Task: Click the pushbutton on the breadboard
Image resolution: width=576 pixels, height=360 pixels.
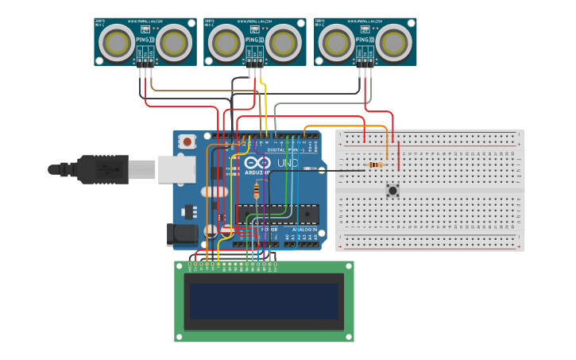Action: tap(392, 191)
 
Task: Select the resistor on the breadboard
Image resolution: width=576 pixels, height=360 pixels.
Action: tap(375, 165)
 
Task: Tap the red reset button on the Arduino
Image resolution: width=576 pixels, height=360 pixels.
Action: tap(187, 141)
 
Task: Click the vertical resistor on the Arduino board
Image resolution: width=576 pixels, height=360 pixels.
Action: tap(256, 191)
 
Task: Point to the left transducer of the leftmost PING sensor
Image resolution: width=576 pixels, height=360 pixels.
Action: tap(119, 42)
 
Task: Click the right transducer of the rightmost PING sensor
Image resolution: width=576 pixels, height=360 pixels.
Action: tap(392, 42)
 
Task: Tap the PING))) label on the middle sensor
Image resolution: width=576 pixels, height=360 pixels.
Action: tap(254, 38)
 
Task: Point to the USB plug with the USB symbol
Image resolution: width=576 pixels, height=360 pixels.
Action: tap(103, 169)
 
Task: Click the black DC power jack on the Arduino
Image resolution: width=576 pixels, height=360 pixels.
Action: tap(181, 234)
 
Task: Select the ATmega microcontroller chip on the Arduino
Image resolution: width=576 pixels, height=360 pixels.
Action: tap(277, 213)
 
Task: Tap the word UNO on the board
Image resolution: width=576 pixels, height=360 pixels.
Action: tap(287, 164)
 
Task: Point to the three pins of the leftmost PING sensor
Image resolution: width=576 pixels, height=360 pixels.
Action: tap(145, 63)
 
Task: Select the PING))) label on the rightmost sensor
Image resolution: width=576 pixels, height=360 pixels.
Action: tap(364, 38)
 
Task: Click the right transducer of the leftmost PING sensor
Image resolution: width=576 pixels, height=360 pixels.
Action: tap(173, 42)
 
